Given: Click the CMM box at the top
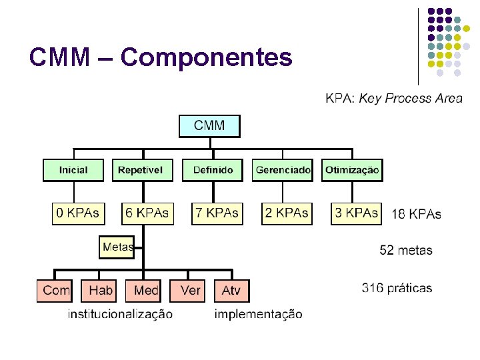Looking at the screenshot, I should pyautogui.click(x=209, y=125).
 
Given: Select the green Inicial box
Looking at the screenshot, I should pyautogui.click(x=73, y=170).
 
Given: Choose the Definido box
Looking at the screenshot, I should pyautogui.click(x=213, y=170).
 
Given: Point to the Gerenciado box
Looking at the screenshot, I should pyautogui.click(x=283, y=170).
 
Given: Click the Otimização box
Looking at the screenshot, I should pyautogui.click(x=352, y=170).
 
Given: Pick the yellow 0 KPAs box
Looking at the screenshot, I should pyautogui.click(x=77, y=213).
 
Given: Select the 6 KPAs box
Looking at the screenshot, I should pyautogui.click(x=147, y=213).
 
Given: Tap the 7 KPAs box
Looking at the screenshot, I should pyautogui.click(x=217, y=213).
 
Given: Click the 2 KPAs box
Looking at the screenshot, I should pyautogui.click(x=287, y=213).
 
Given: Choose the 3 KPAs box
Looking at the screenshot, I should pyautogui.click(x=356, y=213).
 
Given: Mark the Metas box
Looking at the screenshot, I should pyautogui.click(x=117, y=247).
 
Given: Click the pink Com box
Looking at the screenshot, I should pyautogui.click(x=56, y=291).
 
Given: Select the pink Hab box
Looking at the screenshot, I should pyautogui.click(x=100, y=291).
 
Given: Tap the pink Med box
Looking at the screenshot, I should pyautogui.click(x=145, y=291).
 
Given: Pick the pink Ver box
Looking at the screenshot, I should pyautogui.click(x=190, y=291).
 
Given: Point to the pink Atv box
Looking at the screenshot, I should pyautogui.click(x=231, y=291).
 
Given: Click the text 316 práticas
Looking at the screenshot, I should pyautogui.click(x=397, y=289).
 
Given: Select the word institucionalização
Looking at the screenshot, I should pyautogui.click(x=120, y=314).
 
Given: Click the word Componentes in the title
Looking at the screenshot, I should pyautogui.click(x=206, y=58).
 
